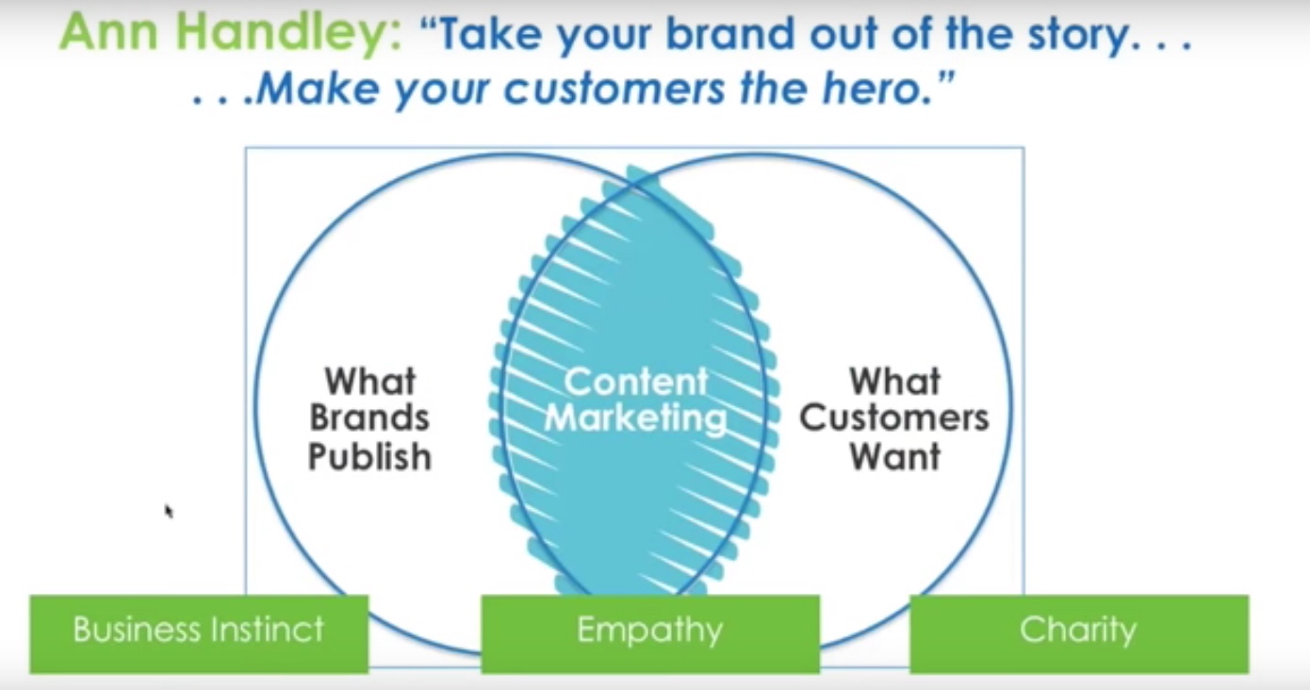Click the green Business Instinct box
pos(200,633)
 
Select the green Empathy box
pos(650,633)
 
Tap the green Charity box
pos(1079,633)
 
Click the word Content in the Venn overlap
pos(636,382)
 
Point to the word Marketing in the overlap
pos(636,419)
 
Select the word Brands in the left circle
pos(369,418)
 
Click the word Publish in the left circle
pos(369,456)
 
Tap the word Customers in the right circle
pos(894,418)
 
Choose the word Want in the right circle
pos(894,456)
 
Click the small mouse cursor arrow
pos(169,512)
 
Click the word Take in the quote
pos(489,34)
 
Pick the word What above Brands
pos(370,381)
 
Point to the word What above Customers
pos(894,381)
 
